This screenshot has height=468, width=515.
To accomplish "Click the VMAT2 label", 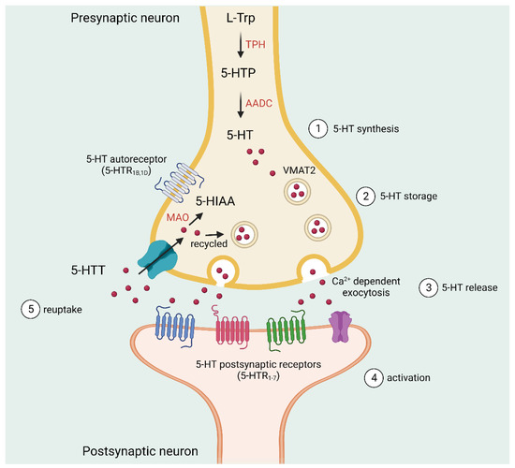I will coord(312,171).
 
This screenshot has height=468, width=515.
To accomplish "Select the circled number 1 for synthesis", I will coord(319,127).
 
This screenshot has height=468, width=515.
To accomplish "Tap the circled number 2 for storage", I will coord(365,197).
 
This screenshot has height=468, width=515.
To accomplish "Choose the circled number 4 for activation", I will coord(375,379).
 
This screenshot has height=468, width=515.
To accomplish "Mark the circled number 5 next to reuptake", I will coord(29,307).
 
